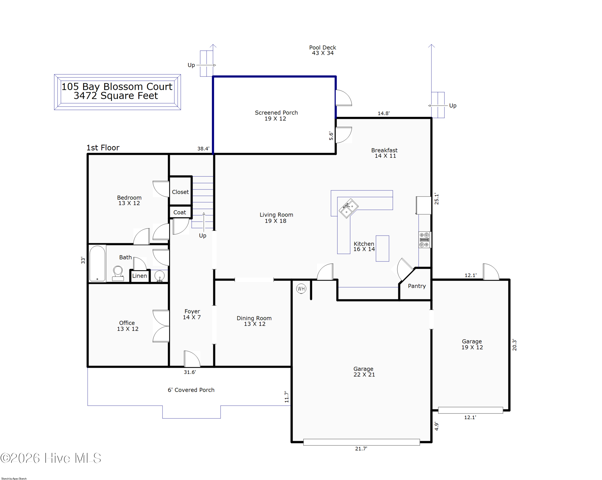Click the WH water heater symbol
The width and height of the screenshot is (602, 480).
tap(301, 289)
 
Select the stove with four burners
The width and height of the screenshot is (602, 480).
tap(424, 240)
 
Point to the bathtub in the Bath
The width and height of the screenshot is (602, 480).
tap(97, 263)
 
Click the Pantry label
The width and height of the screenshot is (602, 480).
tap(417, 286)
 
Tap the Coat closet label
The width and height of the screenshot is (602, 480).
tap(180, 212)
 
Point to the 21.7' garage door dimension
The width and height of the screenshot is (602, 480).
tap(361, 449)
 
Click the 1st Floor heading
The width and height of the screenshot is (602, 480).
tap(103, 148)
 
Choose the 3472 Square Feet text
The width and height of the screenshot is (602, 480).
tap(116, 96)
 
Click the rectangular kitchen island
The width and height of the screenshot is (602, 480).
tap(382, 248)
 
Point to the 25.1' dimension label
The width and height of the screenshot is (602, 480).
tap(436, 199)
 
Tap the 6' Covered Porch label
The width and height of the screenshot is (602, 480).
tap(191, 390)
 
